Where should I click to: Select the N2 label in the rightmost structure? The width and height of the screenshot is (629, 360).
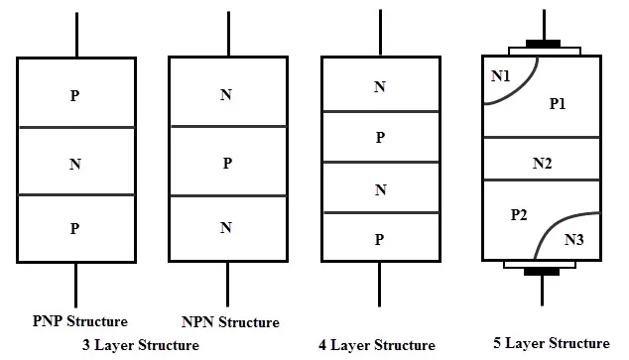coord(542,164)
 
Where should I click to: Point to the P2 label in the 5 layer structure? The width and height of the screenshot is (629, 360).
coord(519,214)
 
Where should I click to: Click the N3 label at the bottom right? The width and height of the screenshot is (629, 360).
coord(574,239)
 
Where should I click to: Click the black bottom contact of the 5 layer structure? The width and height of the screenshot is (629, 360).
coord(541,269)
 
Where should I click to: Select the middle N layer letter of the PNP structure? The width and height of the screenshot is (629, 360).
coord(75,163)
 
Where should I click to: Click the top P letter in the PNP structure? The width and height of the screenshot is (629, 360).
coord(75,96)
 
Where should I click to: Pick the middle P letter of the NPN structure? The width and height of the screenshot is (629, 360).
coord(227,162)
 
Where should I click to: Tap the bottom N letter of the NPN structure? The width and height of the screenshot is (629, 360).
coord(227,228)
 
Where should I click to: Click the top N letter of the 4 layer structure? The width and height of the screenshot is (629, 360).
coord(379,87)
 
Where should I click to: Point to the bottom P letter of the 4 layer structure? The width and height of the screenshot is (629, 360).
coord(379,239)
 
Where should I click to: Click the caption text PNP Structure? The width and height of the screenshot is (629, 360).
coord(79,320)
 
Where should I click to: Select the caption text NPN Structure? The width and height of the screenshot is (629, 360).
coord(230,322)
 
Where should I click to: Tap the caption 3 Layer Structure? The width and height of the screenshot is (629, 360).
coord(141,345)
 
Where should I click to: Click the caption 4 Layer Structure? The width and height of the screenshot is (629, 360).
coord(377,345)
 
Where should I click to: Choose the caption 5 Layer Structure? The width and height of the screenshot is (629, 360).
coord(552,343)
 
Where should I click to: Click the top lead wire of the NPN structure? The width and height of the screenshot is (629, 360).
coord(228,34)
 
